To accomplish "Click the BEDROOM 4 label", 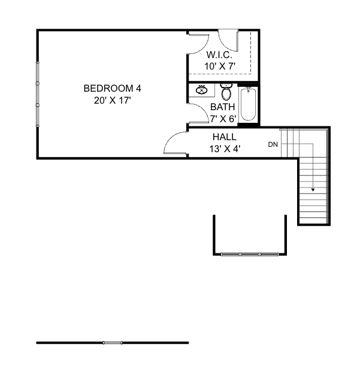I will (113, 89).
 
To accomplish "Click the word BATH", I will (222, 107).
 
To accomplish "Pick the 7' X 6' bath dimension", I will (223, 118).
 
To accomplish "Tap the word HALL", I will (224, 137).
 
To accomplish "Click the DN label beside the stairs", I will (273, 144).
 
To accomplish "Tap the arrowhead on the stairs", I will (313, 189).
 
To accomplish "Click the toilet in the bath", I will (226, 93).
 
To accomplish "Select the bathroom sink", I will (202, 91).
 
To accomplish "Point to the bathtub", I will (248, 105).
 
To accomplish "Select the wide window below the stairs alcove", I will (250, 255).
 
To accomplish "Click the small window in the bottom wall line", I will (112, 343).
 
